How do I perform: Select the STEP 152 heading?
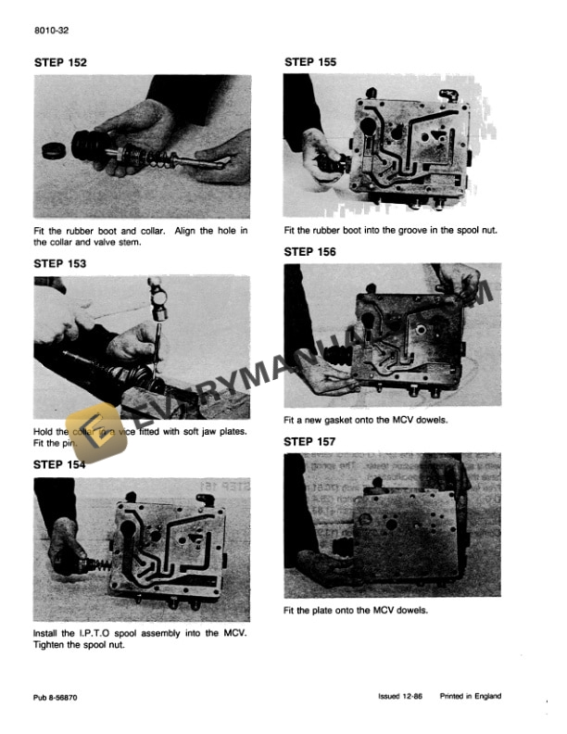tap(60, 63)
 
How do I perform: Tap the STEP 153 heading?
tap(60, 263)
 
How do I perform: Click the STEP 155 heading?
tap(310, 62)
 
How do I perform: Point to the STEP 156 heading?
tap(310, 251)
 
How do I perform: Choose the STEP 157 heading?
tap(310, 441)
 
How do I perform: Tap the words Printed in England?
tap(475, 694)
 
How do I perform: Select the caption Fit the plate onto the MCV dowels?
tap(356, 611)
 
